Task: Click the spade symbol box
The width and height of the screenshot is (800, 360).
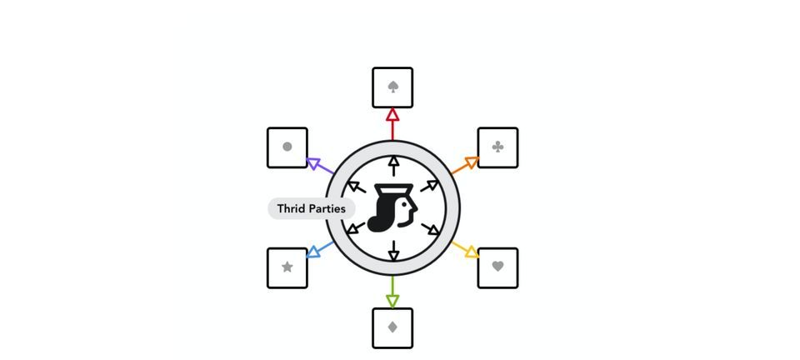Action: [x=392, y=87]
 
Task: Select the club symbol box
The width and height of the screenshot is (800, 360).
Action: [x=498, y=147]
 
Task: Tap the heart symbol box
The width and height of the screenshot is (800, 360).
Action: [x=498, y=268]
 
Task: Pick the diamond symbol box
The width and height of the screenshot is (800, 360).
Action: [x=392, y=328]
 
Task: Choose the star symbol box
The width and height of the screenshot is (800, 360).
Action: [x=287, y=268]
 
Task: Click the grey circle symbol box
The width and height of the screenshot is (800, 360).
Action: [x=287, y=147]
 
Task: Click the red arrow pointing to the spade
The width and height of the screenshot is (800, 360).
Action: [x=392, y=124]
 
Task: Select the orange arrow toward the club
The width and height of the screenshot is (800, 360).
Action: [x=465, y=165]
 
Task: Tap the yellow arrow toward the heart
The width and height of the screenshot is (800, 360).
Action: [x=465, y=250]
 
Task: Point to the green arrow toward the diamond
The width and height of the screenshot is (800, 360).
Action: [x=392, y=292]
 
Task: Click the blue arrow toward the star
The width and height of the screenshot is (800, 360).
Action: [x=320, y=250]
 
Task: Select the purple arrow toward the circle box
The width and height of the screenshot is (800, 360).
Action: [x=320, y=166]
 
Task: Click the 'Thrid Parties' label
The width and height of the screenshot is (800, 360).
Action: [x=311, y=208]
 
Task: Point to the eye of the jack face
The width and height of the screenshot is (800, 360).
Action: [x=405, y=204]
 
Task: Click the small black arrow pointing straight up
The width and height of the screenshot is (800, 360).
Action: [x=393, y=166]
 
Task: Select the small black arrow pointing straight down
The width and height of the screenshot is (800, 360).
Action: [x=393, y=250]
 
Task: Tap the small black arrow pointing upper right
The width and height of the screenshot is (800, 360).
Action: [x=430, y=186]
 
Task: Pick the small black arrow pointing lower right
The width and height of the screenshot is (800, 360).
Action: [x=430, y=229]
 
